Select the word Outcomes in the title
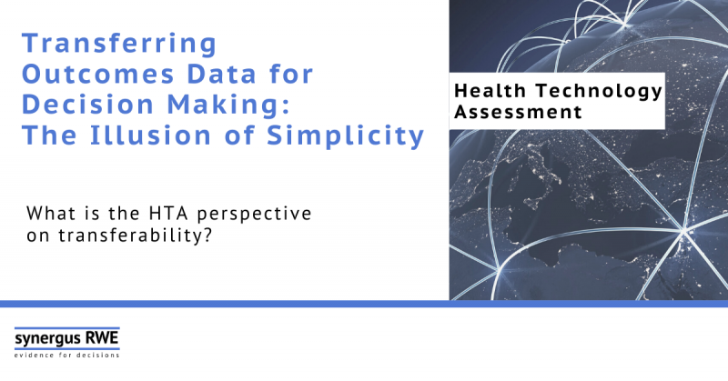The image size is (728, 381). (x=98, y=75)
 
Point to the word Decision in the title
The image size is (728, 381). (x=87, y=105)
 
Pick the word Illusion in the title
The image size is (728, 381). (x=150, y=135)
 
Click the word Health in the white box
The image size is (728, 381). (x=490, y=91)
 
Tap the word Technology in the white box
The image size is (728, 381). (x=600, y=92)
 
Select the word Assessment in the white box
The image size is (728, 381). (x=518, y=112)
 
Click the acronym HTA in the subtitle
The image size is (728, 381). (x=168, y=214)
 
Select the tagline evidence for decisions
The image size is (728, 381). (x=66, y=355)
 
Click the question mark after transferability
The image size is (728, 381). (x=207, y=236)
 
